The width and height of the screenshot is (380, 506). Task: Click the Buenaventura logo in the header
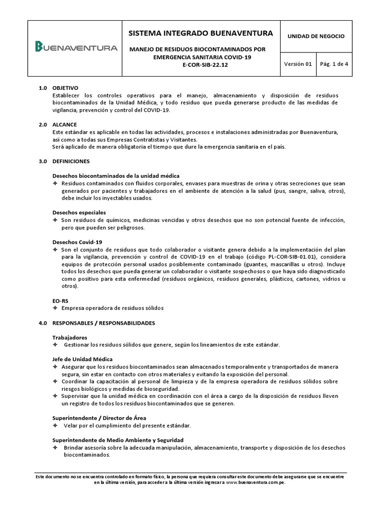click(76, 48)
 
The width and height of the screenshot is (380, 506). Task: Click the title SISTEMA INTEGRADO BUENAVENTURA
click(200, 34)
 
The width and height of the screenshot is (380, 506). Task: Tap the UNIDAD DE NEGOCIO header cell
click(316, 36)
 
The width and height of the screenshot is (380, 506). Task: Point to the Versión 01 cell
click(298, 64)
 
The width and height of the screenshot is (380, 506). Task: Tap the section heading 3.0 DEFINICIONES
click(64, 162)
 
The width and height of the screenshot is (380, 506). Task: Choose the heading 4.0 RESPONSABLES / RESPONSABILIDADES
click(96, 323)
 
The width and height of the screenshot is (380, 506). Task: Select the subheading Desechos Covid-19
click(77, 242)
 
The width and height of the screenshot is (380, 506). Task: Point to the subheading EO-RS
click(60, 300)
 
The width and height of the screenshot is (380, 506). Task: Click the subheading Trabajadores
click(69, 337)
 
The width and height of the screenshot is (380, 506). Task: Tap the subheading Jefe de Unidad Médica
click(83, 359)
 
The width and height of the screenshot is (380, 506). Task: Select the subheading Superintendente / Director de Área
click(99, 418)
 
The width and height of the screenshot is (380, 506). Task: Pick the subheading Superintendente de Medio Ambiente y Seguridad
click(118, 440)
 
